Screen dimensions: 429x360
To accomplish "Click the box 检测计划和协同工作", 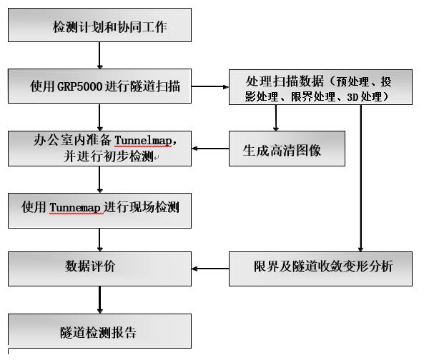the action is pyautogui.click(x=99, y=25).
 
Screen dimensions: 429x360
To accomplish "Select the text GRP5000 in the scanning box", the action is pyautogui.click(x=79, y=86).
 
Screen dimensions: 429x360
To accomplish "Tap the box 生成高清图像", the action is pyautogui.click(x=287, y=149).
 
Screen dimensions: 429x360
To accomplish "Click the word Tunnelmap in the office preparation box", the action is pyautogui.click(x=143, y=141).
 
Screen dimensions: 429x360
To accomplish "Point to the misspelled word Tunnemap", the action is pyautogui.click(x=75, y=207).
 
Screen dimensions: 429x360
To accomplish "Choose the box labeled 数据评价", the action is pyautogui.click(x=99, y=269).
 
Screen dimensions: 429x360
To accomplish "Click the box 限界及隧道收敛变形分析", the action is pyautogui.click(x=320, y=269).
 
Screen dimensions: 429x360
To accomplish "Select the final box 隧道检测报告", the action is pyautogui.click(x=99, y=331).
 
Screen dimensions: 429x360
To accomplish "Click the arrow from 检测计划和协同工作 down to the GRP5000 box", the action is pyautogui.click(x=99, y=55).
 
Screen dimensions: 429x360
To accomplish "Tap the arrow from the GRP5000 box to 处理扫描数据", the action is pyautogui.click(x=210, y=86).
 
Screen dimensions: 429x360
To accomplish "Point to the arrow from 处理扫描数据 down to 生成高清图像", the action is pyautogui.click(x=276, y=118).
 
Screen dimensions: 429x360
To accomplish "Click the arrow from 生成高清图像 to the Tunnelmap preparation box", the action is pyautogui.click(x=210, y=149).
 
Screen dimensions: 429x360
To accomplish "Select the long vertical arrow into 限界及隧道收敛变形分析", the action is pyautogui.click(x=360, y=179).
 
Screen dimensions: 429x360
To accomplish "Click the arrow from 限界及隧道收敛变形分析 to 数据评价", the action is pyautogui.click(x=210, y=269).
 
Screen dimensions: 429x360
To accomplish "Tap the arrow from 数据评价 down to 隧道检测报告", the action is pyautogui.click(x=99, y=300).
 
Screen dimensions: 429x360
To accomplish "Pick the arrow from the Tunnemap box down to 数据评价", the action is pyautogui.click(x=99, y=240).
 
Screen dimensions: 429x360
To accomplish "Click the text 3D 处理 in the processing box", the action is pyautogui.click(x=364, y=96).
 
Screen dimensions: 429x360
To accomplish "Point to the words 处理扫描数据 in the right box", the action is pyautogui.click(x=285, y=81).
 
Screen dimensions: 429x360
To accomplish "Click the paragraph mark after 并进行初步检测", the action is pyautogui.click(x=156, y=158).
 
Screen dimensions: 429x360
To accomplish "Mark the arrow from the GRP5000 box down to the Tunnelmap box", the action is pyautogui.click(x=99, y=117).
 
